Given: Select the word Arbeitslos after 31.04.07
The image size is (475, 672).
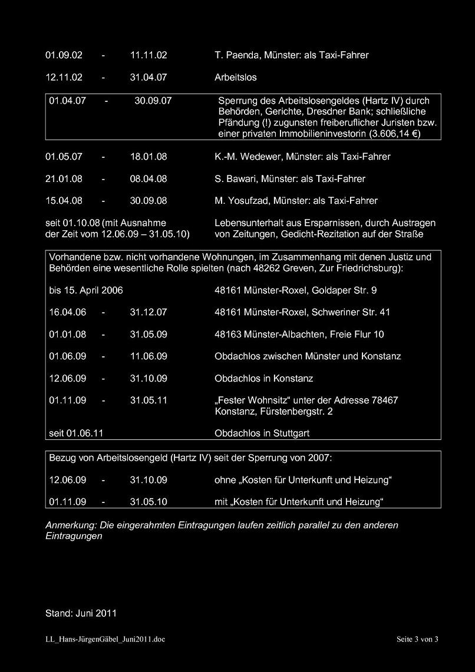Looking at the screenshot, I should pyautogui.click(x=236, y=77).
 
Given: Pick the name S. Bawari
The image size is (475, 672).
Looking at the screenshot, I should pyautogui.click(x=235, y=178).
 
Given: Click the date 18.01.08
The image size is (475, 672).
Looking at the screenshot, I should pyautogui.click(x=149, y=157).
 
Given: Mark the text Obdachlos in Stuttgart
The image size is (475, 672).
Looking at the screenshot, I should pyautogui.click(x=262, y=433).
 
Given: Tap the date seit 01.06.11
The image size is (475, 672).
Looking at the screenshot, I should pyautogui.click(x=77, y=433).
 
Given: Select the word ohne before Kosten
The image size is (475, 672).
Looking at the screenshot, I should pyautogui.click(x=225, y=480).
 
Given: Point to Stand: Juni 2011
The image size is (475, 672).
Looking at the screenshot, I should pyautogui.click(x=81, y=613).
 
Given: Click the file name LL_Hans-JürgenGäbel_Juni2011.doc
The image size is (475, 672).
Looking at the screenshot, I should pyautogui.click(x=105, y=639).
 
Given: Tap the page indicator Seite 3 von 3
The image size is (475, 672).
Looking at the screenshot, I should pyautogui.click(x=417, y=639).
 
